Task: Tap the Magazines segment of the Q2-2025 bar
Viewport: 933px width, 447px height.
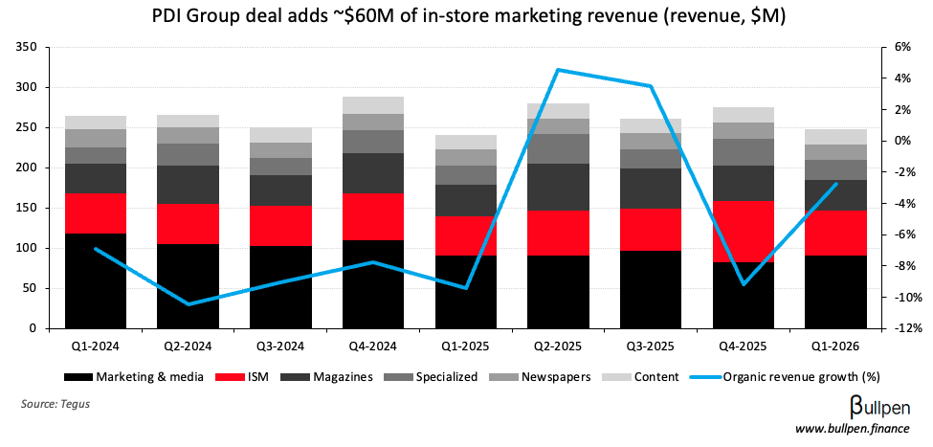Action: point(559,188)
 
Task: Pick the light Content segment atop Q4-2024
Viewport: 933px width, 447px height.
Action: point(373,105)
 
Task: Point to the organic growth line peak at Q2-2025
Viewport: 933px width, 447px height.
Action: point(559,70)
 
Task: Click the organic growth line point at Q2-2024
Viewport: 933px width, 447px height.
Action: point(189,304)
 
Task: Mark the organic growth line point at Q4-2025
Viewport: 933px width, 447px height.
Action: point(744,284)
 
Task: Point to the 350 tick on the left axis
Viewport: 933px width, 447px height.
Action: point(29,47)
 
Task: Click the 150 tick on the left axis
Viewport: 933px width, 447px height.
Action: point(29,208)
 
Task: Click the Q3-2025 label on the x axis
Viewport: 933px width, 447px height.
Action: point(651,346)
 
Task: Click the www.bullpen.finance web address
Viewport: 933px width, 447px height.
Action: point(857,429)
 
